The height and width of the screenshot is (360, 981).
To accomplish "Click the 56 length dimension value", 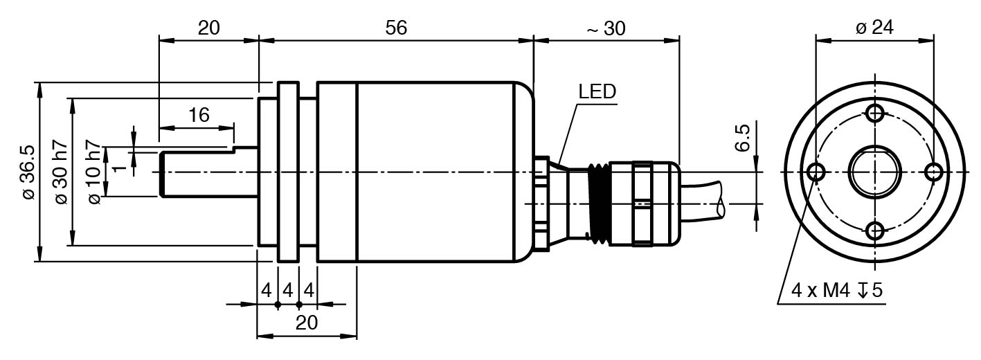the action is [x=396, y=28].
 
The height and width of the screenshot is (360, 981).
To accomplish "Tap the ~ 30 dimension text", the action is [x=606, y=28].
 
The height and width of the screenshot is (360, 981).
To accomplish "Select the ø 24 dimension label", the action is [x=874, y=27].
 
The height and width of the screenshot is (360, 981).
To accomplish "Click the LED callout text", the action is [x=597, y=91].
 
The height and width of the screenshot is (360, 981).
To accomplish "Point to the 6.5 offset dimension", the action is [x=742, y=138].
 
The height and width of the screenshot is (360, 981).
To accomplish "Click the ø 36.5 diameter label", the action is [x=27, y=172].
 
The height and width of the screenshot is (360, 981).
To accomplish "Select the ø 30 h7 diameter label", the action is [x=61, y=172].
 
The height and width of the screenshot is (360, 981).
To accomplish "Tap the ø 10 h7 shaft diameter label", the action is [x=94, y=172].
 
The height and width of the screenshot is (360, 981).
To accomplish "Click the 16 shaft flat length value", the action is [x=199, y=115].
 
